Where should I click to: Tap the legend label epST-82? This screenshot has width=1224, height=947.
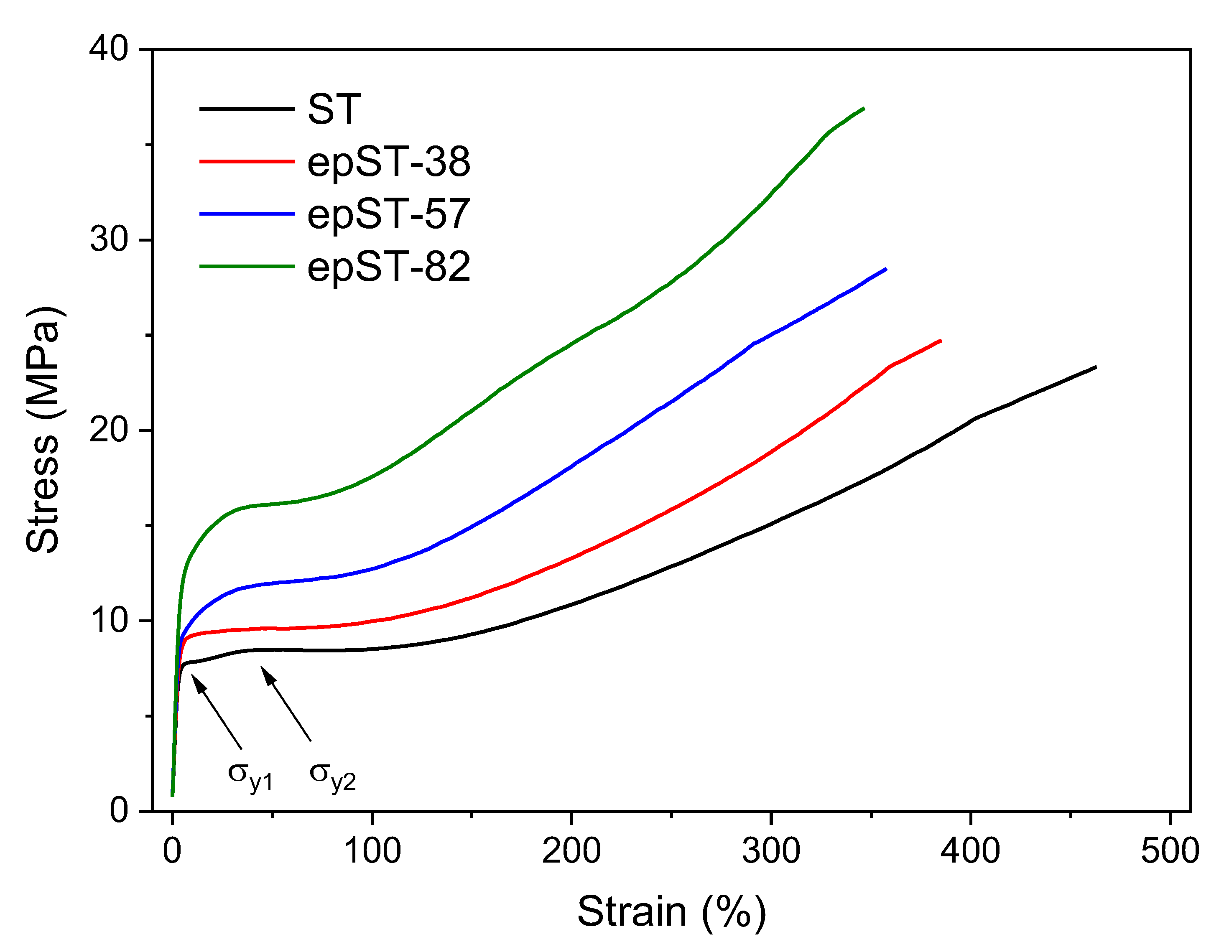coord(388,267)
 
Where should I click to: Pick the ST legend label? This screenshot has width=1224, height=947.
coord(334,109)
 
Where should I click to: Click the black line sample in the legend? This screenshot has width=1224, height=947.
coord(247,109)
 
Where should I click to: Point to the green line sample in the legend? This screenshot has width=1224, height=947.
coord(247,267)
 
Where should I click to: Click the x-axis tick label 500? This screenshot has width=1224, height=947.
coord(1170,850)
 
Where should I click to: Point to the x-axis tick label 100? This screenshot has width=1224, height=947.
coord(372,850)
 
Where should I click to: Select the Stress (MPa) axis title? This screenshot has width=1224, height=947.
coord(43,430)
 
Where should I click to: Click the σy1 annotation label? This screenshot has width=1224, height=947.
coord(250,776)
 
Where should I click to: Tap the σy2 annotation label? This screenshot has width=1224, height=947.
coord(332,776)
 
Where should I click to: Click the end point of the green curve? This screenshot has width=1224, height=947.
coord(864,108)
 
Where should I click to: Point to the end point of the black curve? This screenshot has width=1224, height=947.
coord(1096,367)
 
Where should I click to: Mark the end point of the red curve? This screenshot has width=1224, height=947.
coord(941,341)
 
